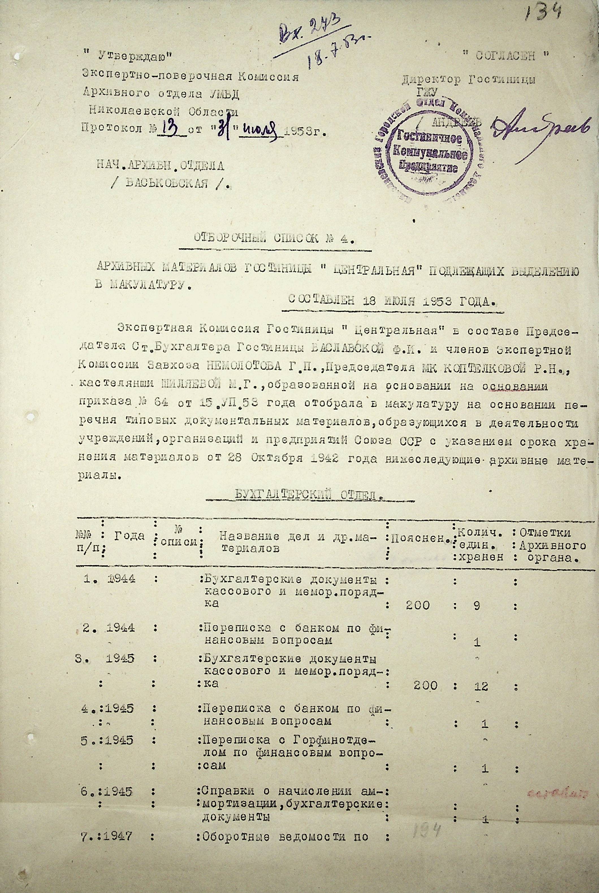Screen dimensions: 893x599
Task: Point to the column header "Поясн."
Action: (x=419, y=538)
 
